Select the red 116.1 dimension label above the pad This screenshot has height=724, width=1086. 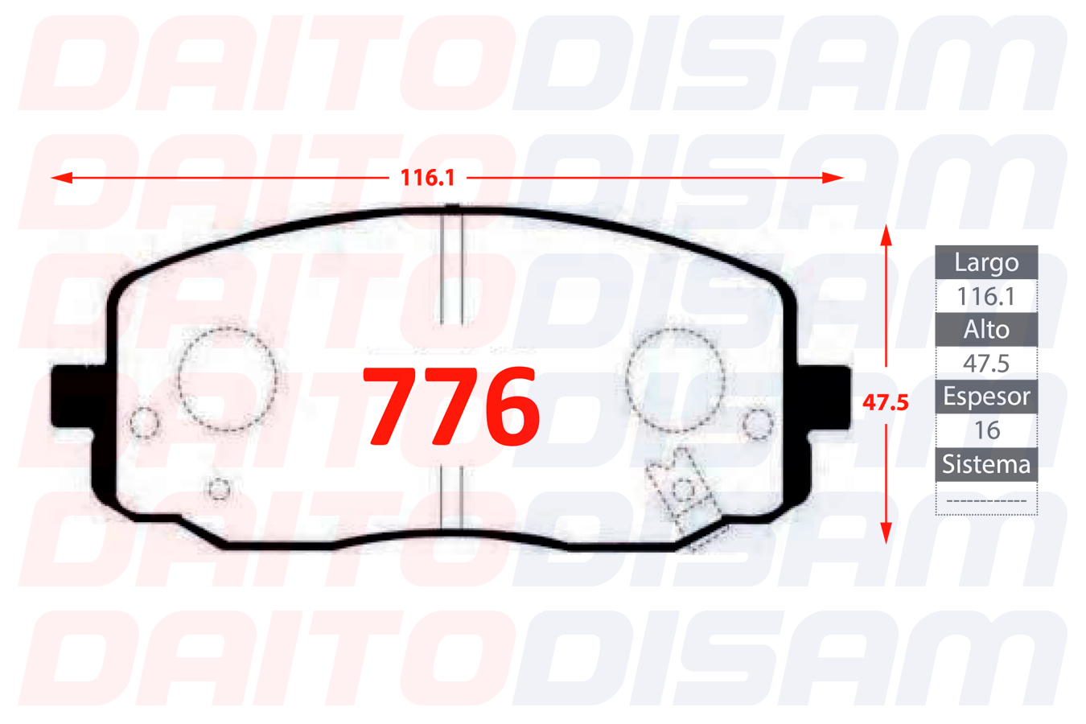428,178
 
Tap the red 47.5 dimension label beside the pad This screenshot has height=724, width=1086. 885,403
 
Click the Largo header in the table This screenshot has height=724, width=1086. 986,262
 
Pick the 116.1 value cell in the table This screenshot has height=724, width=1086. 986,296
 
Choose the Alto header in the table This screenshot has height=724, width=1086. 986,330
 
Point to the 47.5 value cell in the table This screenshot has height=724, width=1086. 986,364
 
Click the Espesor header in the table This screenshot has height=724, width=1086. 986,397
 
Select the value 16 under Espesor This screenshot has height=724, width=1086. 986,430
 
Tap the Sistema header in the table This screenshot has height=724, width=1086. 986,464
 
